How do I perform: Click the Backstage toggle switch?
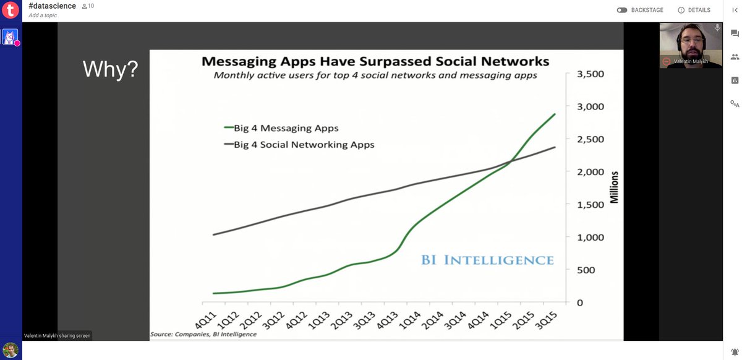coord(622,11)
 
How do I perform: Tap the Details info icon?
coord(681,11)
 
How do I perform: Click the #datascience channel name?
coord(53,6)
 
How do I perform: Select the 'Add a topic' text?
coord(43,15)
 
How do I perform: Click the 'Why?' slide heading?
coord(110,69)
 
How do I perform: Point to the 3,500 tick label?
coord(591,74)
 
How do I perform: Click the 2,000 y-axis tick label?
coord(591,172)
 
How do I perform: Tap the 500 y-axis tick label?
coord(586,270)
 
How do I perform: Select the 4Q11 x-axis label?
coord(206,320)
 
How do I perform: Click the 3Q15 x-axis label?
coord(547,320)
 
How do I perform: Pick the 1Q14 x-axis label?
coord(410,320)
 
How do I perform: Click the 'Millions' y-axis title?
coord(615,187)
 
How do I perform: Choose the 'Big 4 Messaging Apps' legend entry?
coord(281,128)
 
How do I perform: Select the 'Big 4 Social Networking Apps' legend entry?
coord(299,145)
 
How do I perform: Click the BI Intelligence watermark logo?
coord(487,260)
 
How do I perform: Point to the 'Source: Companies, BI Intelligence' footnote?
coord(203,334)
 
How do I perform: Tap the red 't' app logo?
coord(11,10)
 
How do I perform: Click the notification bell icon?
coord(735,352)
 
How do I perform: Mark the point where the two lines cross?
coord(511,161)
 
